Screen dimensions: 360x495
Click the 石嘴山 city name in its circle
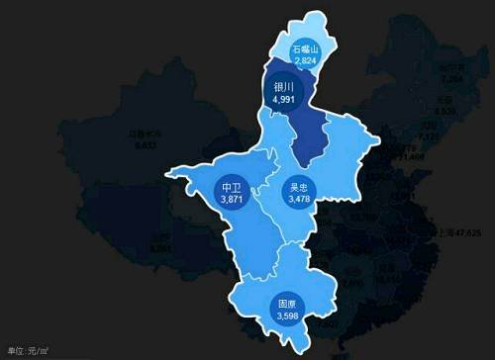pyautogui.click(x=305, y=48)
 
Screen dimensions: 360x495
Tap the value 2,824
pyautogui.click(x=305, y=60)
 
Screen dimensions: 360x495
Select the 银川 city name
pyautogui.click(x=284, y=86)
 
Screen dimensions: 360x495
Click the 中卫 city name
pyautogui.click(x=232, y=187)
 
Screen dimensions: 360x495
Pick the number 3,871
pyautogui.click(x=232, y=199)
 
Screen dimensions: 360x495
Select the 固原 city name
pyautogui.click(x=287, y=304)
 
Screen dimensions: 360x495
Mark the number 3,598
pyautogui.click(x=287, y=315)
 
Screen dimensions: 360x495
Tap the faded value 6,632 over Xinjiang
pyautogui.click(x=146, y=144)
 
